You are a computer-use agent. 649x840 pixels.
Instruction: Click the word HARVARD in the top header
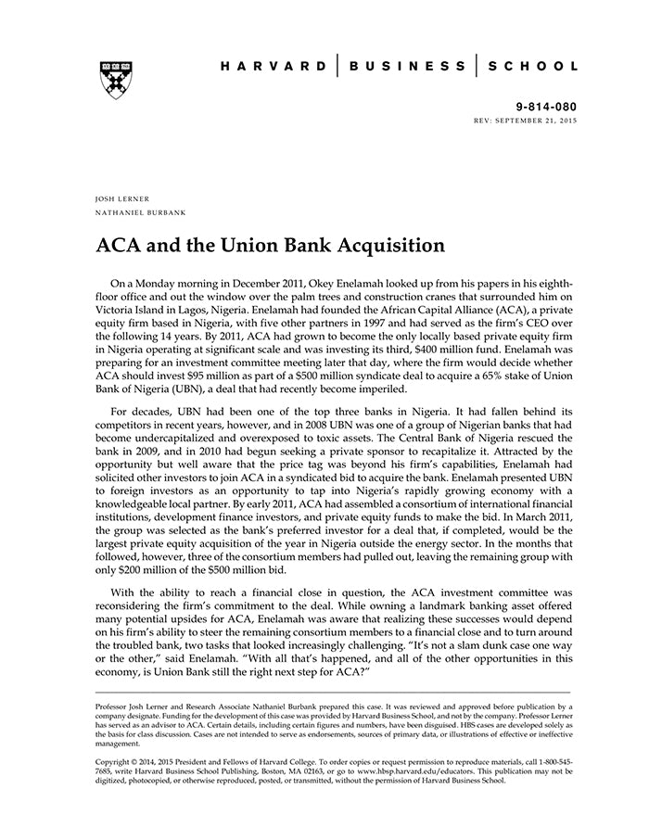[x=274, y=67]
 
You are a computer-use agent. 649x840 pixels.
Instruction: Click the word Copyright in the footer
[x=116, y=760]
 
